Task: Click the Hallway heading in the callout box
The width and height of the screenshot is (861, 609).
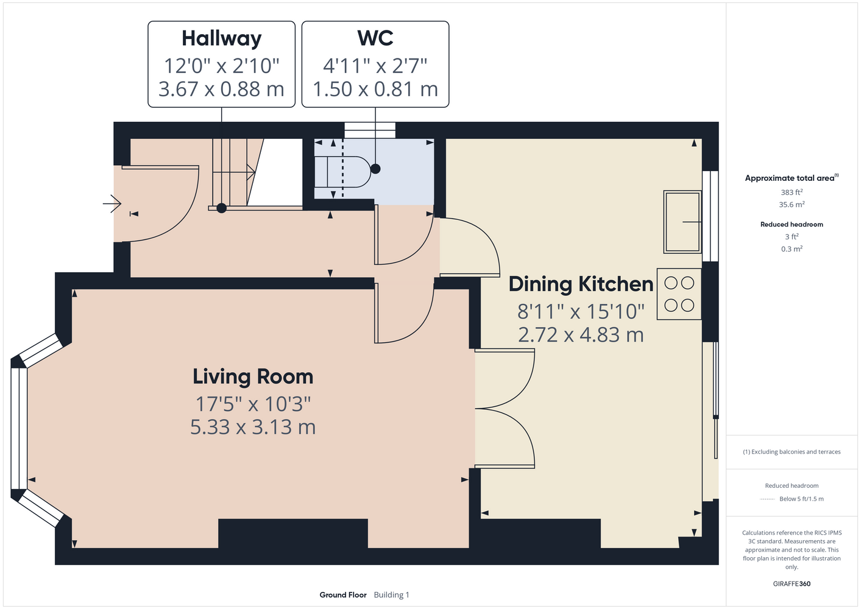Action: pyautogui.click(x=221, y=39)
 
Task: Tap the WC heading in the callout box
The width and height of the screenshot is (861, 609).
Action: pyautogui.click(x=375, y=38)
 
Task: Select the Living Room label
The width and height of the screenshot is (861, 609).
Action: pyautogui.click(x=253, y=376)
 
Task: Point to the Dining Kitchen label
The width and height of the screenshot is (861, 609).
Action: pyautogui.click(x=581, y=285)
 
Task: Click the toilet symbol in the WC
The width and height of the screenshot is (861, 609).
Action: pyautogui.click(x=342, y=172)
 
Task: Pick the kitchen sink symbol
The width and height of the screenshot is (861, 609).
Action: pyautogui.click(x=682, y=222)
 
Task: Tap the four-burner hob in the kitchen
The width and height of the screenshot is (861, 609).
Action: pyautogui.click(x=679, y=294)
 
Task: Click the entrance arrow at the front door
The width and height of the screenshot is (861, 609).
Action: pyautogui.click(x=112, y=203)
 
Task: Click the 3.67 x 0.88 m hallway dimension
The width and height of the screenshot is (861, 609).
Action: pyautogui.click(x=221, y=89)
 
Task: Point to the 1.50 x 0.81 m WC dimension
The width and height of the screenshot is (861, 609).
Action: pyautogui.click(x=375, y=89)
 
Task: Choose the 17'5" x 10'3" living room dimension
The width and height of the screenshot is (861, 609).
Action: pyautogui.click(x=253, y=404)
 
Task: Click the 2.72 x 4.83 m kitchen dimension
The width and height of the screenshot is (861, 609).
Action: pyautogui.click(x=581, y=335)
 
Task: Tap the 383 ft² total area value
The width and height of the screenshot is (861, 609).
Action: pyautogui.click(x=792, y=192)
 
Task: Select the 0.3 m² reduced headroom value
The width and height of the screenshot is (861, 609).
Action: pyautogui.click(x=792, y=249)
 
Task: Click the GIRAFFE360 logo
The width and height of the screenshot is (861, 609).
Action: pyautogui.click(x=792, y=583)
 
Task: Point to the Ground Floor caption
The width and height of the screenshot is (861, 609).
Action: pyautogui.click(x=343, y=595)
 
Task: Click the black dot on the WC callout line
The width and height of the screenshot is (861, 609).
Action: pyautogui.click(x=375, y=169)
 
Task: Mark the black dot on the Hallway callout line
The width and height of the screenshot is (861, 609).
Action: pyautogui.click(x=221, y=208)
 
